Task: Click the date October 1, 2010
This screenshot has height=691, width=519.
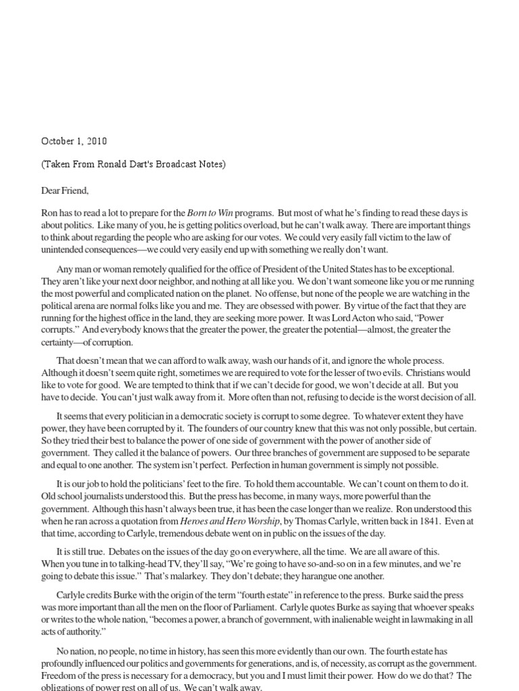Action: click(74, 141)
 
